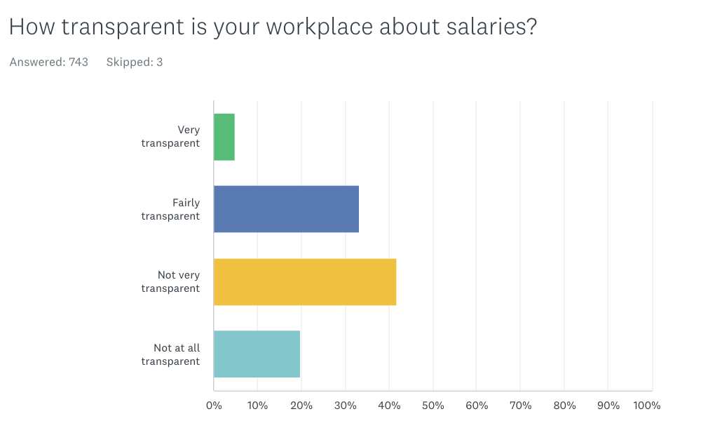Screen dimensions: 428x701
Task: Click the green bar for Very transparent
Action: pos(224,137)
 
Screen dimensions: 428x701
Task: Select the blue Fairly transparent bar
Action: pos(286,209)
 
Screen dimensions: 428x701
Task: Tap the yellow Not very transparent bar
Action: pos(305,281)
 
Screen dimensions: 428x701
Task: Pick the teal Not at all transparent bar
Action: pos(257,354)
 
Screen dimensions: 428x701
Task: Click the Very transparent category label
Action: pos(171,137)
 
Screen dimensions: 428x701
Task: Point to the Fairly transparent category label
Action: pos(171,209)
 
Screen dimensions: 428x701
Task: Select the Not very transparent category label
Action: pos(171,281)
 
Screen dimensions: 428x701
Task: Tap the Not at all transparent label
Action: pos(171,354)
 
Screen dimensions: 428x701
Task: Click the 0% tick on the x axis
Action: pos(214,406)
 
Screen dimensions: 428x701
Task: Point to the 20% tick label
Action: pos(301,406)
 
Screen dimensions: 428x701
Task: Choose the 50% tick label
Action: pos(433,406)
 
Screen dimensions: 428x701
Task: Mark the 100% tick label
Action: pos(646,406)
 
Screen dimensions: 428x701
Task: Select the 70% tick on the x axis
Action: pos(520,406)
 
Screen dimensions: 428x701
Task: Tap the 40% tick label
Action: pos(389,406)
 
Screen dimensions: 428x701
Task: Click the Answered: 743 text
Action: pos(49,62)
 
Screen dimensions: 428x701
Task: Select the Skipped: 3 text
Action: pos(135,62)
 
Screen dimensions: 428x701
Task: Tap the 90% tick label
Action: pos(608,406)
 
